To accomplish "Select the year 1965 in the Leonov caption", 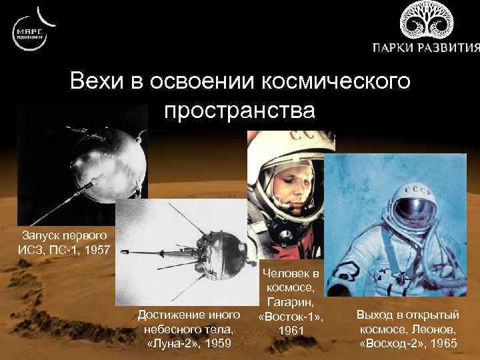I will pos(443,343).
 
